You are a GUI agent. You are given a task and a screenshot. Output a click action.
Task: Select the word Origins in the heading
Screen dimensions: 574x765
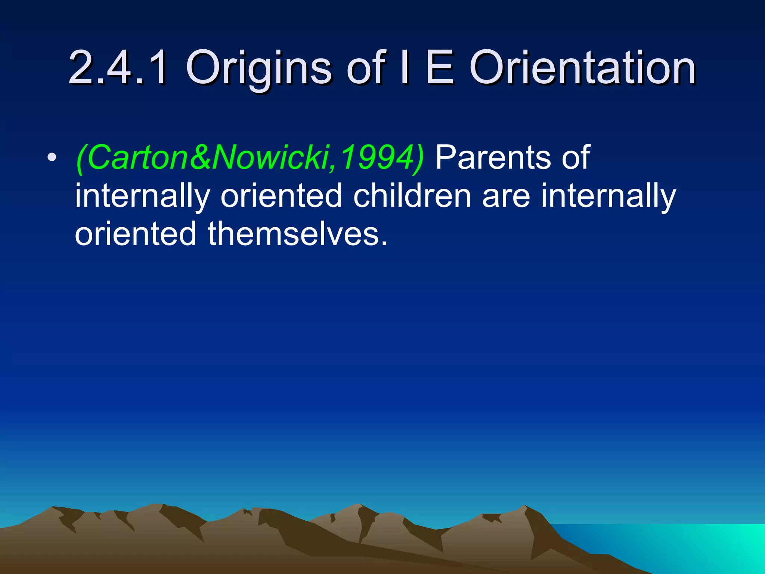(258, 69)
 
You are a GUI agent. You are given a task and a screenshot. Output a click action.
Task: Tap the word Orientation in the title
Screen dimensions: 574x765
(582, 68)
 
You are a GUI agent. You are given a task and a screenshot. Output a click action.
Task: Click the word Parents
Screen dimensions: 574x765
(493, 157)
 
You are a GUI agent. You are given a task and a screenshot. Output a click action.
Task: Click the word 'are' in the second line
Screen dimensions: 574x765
(506, 197)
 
